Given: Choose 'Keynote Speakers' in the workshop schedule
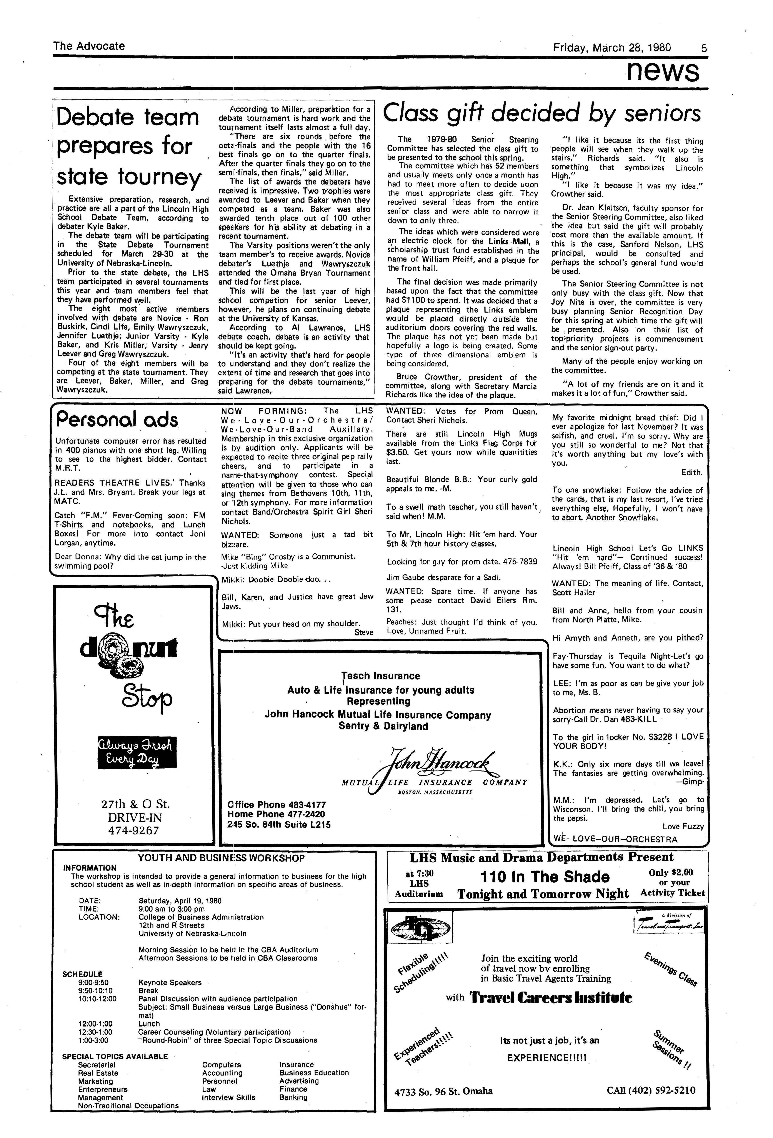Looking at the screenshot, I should tap(170, 982).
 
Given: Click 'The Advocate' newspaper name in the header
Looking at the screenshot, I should tap(89, 46).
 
